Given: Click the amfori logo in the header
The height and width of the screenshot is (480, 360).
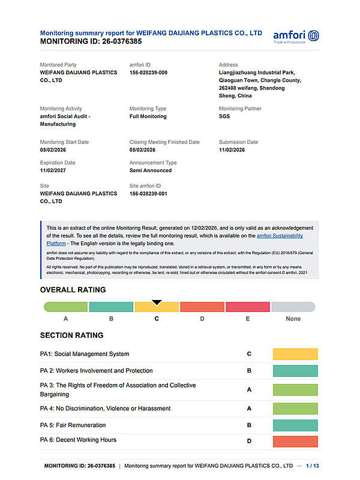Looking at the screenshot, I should coord(296,36).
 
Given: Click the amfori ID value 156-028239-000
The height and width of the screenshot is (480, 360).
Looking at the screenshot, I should coord(148,73).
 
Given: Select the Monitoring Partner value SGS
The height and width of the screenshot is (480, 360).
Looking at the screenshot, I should coord(224,116).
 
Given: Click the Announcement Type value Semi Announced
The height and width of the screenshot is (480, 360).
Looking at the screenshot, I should coord(151,170).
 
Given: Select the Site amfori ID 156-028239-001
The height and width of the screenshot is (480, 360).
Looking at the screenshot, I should coord(148,194).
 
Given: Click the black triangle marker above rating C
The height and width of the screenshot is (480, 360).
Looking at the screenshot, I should coord(157,302).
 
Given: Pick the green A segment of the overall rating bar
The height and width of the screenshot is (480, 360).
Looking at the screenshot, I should coord(66,307).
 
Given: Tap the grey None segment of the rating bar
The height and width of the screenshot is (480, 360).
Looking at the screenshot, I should coord(293,307).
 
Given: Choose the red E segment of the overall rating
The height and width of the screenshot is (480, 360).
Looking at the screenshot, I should coord(247,307).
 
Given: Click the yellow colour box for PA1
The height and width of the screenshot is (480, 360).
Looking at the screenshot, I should coord(295,354).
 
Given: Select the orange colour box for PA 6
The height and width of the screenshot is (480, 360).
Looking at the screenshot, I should coord(295,441).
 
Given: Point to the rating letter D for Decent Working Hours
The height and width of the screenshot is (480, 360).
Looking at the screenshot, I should coord(249,441).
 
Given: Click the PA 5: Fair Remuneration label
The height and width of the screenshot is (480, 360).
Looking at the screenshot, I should coord(73,425).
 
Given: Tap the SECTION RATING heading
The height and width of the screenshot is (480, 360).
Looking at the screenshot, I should coord(71,335).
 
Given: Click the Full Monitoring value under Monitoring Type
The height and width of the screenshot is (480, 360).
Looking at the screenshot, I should coord(148,116).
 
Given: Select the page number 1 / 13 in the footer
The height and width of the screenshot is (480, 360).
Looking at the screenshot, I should coord(313,466).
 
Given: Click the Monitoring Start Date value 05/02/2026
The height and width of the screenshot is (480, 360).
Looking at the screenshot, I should coord(53,150).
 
